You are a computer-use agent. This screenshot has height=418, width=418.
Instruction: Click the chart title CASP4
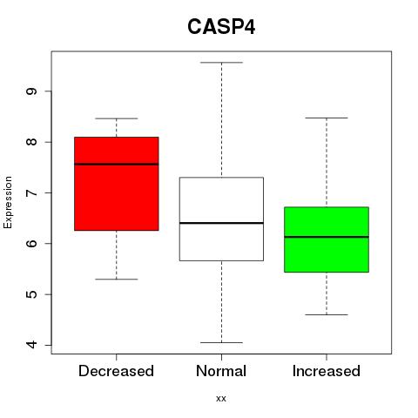coord(221,27)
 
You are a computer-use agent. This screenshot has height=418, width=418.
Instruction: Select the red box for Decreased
coord(117,184)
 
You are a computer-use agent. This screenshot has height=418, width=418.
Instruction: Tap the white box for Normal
coord(221,219)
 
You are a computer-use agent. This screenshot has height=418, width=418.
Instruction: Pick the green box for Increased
coord(327,239)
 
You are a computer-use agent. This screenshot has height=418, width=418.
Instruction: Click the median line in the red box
coord(117,165)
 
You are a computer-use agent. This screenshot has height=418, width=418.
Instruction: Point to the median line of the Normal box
coord(221,223)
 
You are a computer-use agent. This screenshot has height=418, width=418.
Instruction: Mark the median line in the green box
coord(327,237)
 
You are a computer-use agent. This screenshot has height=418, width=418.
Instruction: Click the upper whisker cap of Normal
coord(221,63)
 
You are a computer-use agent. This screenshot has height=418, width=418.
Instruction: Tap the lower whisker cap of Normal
coord(221,342)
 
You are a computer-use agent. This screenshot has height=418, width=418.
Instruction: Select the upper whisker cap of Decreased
coord(117,118)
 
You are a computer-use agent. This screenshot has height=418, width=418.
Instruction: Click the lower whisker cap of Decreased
coord(117,280)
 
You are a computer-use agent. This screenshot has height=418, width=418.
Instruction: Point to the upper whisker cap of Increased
coord(327,118)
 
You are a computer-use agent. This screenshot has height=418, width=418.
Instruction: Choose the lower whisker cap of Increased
coord(327,314)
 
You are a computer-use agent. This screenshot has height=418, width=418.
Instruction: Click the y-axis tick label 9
coord(31,91)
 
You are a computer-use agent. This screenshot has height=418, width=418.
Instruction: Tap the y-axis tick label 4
coord(31,345)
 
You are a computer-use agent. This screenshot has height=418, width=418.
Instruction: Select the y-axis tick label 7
coord(31,192)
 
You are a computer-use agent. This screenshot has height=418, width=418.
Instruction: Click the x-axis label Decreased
coord(116,371)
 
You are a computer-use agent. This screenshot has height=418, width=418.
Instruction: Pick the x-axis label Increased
coord(327,371)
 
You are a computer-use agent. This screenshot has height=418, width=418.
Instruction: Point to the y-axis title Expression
coord(8,202)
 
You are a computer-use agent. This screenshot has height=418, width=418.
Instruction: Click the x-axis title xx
coord(221,399)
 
